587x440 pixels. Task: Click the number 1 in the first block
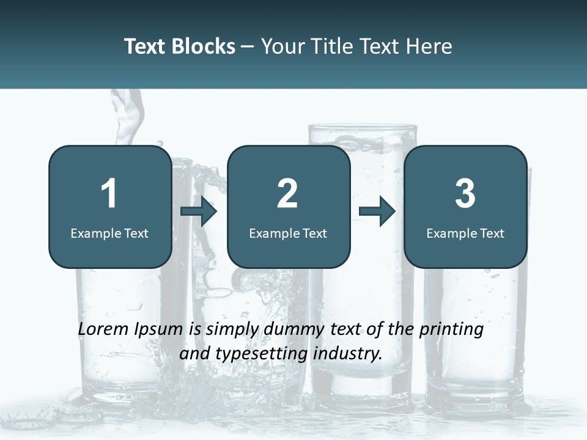coord(109,194)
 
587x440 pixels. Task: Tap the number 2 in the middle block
coord(287,194)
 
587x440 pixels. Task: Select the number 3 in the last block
coord(465,194)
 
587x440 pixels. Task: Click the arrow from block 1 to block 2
coord(199,212)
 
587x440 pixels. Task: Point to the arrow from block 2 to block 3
coord(377,212)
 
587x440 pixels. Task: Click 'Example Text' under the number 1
coord(109,233)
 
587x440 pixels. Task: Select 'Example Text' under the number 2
coord(288,233)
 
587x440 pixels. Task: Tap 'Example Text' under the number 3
coord(465,233)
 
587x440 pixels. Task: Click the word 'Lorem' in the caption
coord(103,329)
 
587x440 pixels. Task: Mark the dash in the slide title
coord(248,47)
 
